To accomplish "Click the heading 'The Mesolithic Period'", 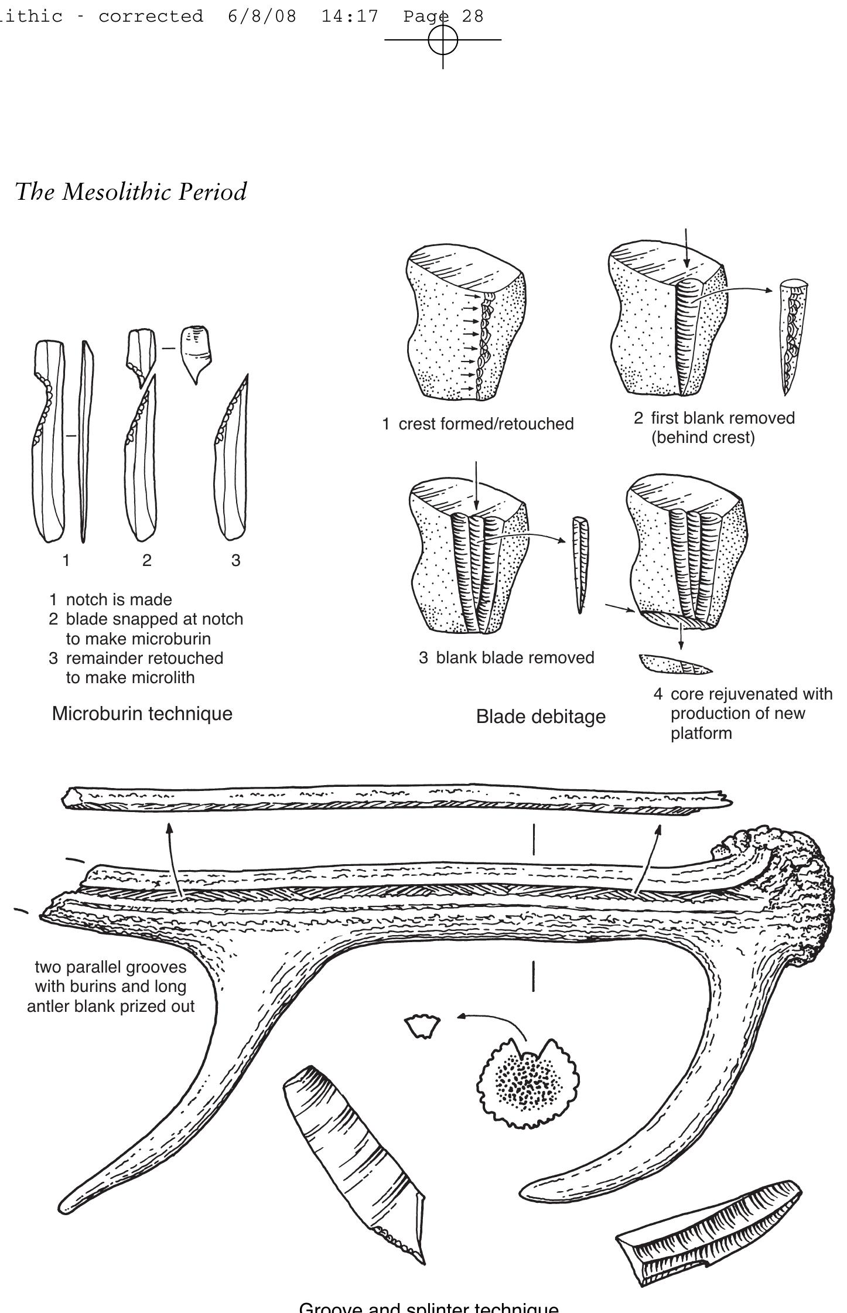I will point(131,192).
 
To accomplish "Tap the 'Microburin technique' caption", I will point(142,714).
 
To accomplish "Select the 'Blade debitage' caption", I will point(541,717).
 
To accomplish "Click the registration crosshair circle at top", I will point(443,40).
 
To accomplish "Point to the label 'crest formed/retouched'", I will point(486,424).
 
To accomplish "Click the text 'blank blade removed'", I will point(515,657).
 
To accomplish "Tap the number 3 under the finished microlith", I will point(235,561).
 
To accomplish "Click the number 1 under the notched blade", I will point(66,561).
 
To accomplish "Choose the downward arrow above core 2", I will point(687,249).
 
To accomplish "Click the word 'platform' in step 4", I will point(701,734).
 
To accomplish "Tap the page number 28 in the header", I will point(473,16).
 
